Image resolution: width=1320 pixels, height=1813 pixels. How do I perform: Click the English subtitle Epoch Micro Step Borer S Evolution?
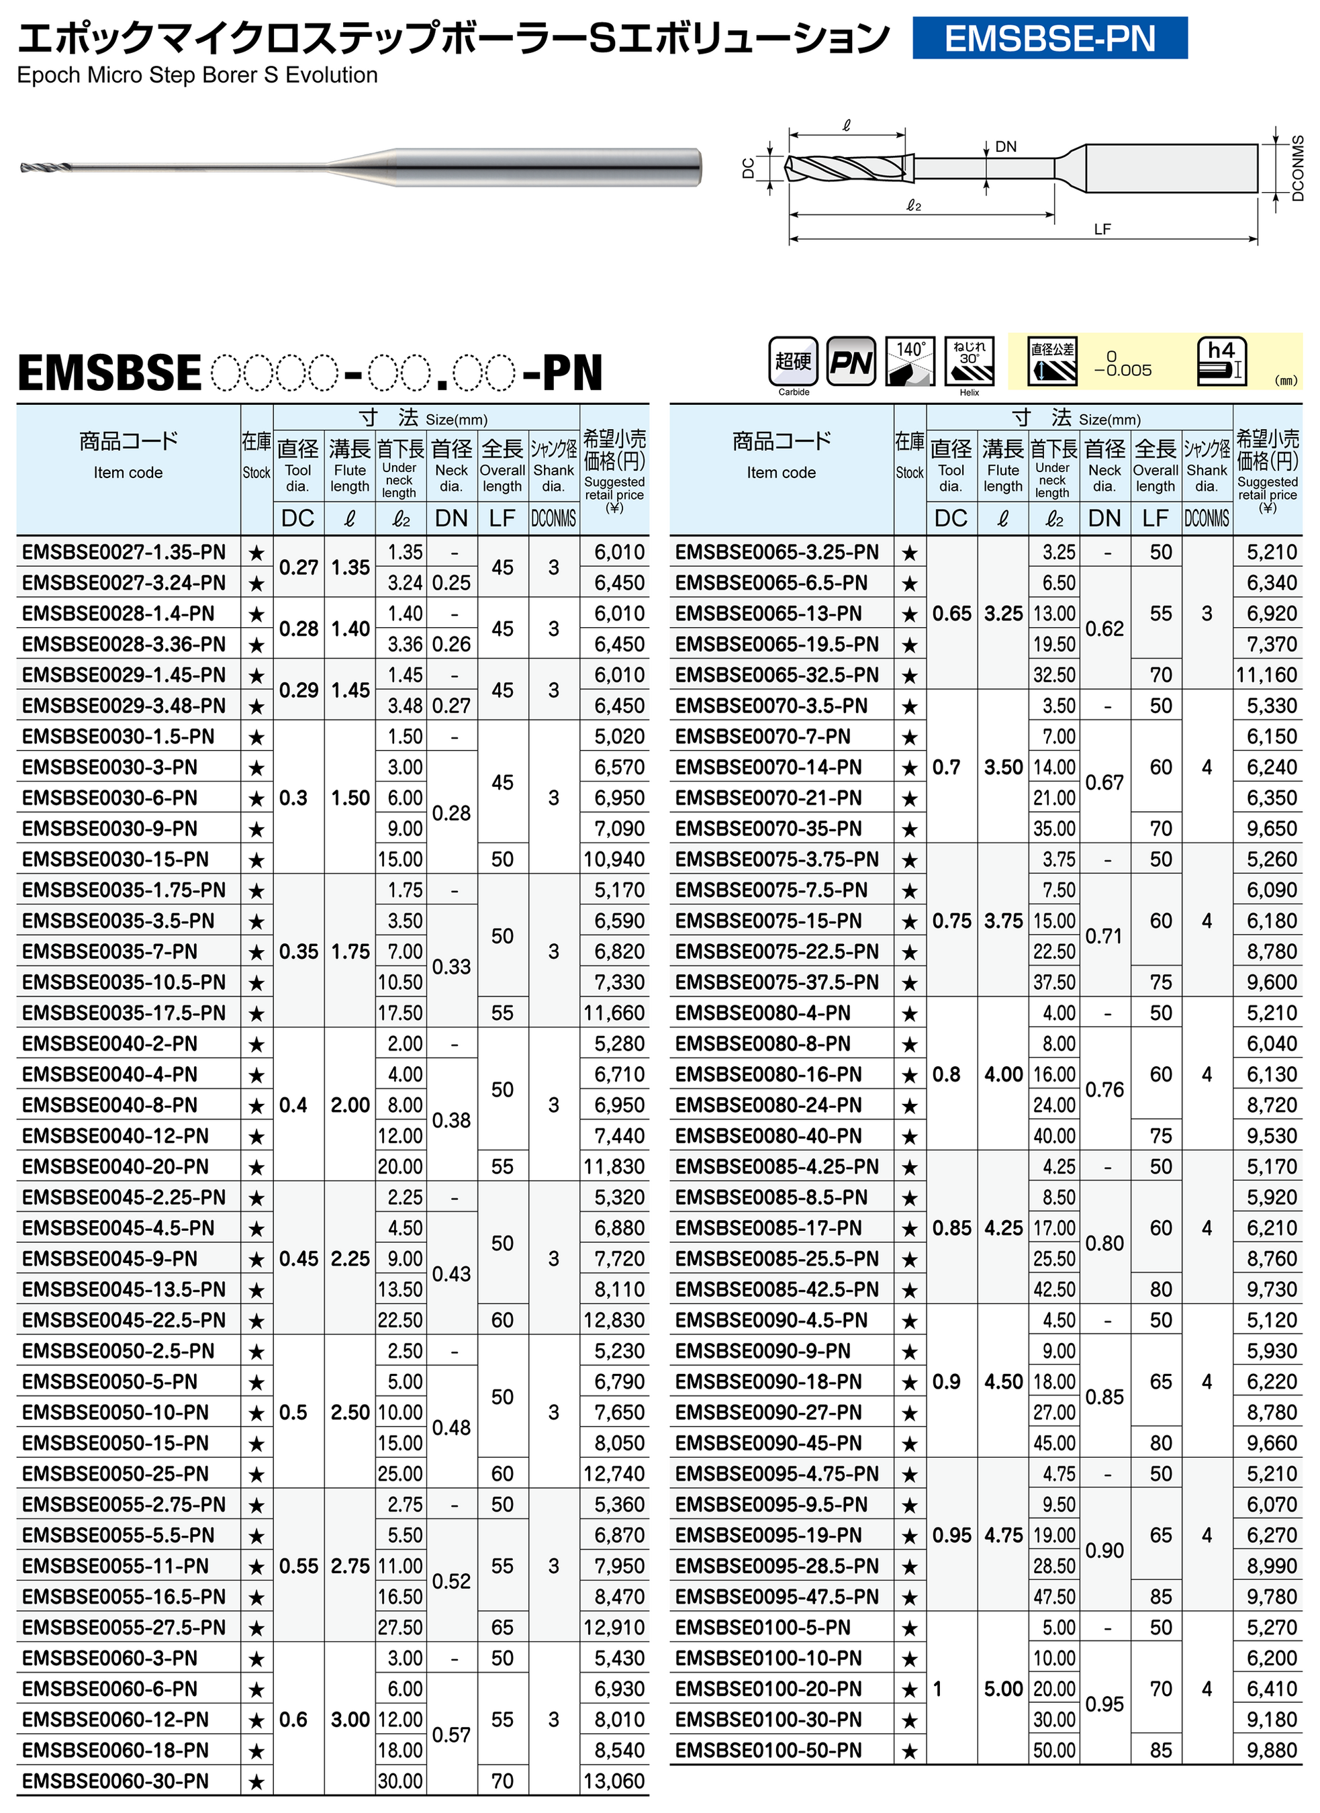pyautogui.click(x=197, y=75)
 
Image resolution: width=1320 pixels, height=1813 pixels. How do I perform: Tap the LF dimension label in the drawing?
pyautogui.click(x=1102, y=230)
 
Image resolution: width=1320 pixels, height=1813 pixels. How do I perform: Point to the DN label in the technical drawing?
pyautogui.click(x=1005, y=147)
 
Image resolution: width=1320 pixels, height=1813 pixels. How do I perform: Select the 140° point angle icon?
pyautogui.click(x=910, y=361)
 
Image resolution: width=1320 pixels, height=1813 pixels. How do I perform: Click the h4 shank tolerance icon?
pyautogui.click(x=1221, y=361)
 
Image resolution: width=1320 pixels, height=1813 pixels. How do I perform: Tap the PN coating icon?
pyautogui.click(x=850, y=361)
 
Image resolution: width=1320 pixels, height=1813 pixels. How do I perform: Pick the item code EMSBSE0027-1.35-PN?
pyautogui.click(x=124, y=553)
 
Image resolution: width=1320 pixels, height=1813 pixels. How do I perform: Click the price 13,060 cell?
pyautogui.click(x=614, y=1781)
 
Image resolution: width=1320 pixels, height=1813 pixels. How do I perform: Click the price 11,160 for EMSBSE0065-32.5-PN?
pyautogui.click(x=1266, y=676)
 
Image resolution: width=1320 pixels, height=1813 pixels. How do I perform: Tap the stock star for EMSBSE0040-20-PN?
pyautogui.click(x=256, y=1167)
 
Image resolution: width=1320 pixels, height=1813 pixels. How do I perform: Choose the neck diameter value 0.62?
pyautogui.click(x=1104, y=629)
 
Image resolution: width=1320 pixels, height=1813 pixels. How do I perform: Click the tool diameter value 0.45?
pyautogui.click(x=298, y=1259)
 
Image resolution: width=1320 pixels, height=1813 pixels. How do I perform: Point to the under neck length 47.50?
pyautogui.click(x=1053, y=1597)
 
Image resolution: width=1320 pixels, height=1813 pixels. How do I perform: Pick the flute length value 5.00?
pyautogui.click(x=1002, y=1689)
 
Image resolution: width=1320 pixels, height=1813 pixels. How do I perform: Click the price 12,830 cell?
pyautogui.click(x=614, y=1321)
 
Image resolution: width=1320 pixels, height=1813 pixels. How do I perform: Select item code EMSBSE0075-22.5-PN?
pyautogui.click(x=776, y=952)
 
